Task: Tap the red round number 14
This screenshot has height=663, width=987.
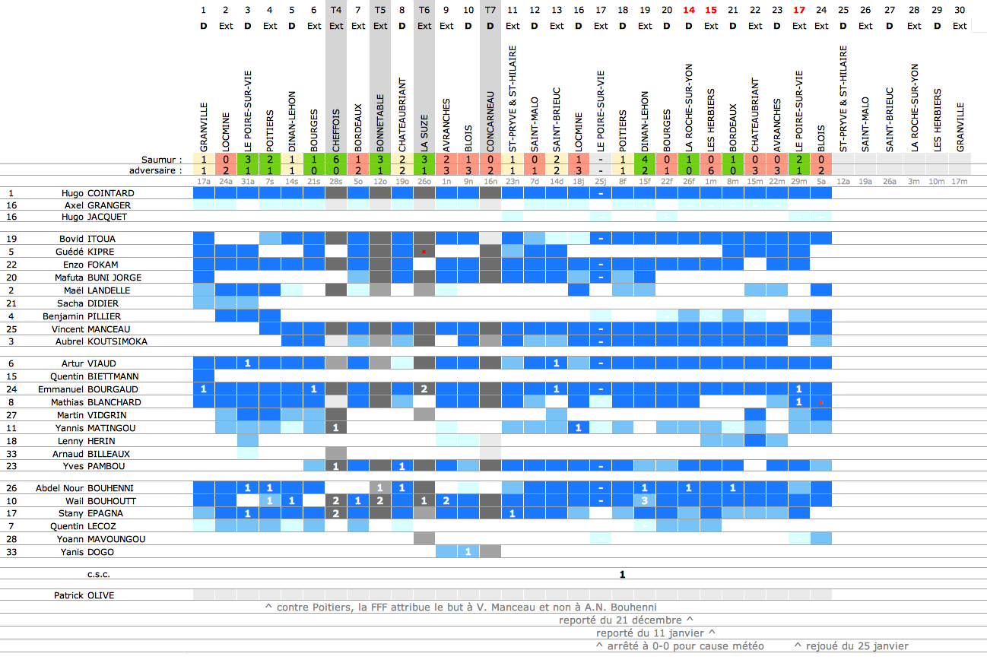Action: tap(689, 10)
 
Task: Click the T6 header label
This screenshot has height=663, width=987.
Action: tap(424, 10)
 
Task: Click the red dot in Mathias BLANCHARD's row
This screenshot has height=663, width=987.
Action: tap(821, 401)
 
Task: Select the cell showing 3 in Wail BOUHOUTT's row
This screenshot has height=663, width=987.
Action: tap(645, 500)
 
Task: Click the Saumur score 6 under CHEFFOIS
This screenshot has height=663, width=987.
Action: tap(336, 160)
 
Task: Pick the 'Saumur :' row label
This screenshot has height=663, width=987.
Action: tap(162, 160)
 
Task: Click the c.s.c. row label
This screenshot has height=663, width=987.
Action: tap(100, 574)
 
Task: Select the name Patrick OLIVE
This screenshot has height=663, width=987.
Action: tap(84, 595)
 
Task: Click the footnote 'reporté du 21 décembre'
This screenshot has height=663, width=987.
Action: tap(626, 620)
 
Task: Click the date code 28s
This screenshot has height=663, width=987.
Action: tap(336, 182)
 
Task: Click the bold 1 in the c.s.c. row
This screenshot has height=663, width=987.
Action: tap(623, 574)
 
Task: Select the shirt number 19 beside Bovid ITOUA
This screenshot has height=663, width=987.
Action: tap(11, 239)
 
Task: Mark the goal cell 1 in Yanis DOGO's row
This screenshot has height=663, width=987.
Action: tap(468, 551)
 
